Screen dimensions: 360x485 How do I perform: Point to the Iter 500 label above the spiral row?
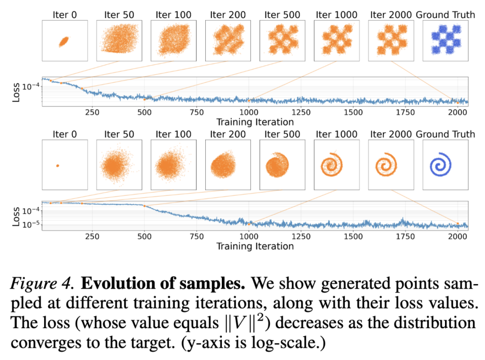pos(282,134)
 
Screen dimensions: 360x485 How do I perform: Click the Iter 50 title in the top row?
pos(119,14)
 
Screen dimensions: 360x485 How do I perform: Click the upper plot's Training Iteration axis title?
pos(255,122)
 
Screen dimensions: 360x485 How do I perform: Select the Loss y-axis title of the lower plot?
pos(16,216)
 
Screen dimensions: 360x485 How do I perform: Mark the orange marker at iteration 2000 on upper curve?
pos(458,103)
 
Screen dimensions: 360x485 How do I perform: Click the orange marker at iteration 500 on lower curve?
pos(144,206)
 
